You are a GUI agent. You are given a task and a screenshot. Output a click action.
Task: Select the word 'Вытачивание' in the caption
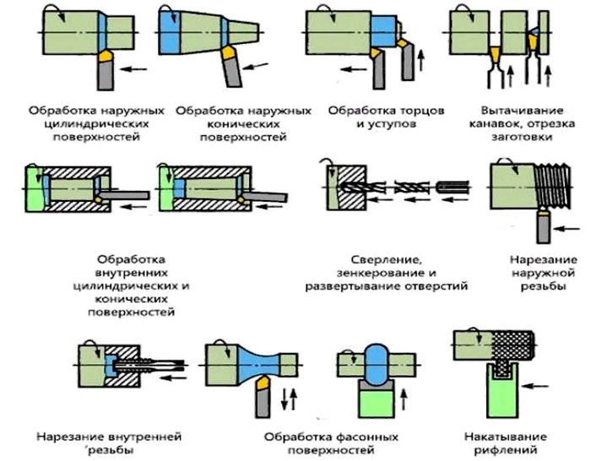pyautogui.click(x=515, y=110)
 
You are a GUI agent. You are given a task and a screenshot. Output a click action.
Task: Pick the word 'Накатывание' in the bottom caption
pyautogui.click(x=500, y=437)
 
